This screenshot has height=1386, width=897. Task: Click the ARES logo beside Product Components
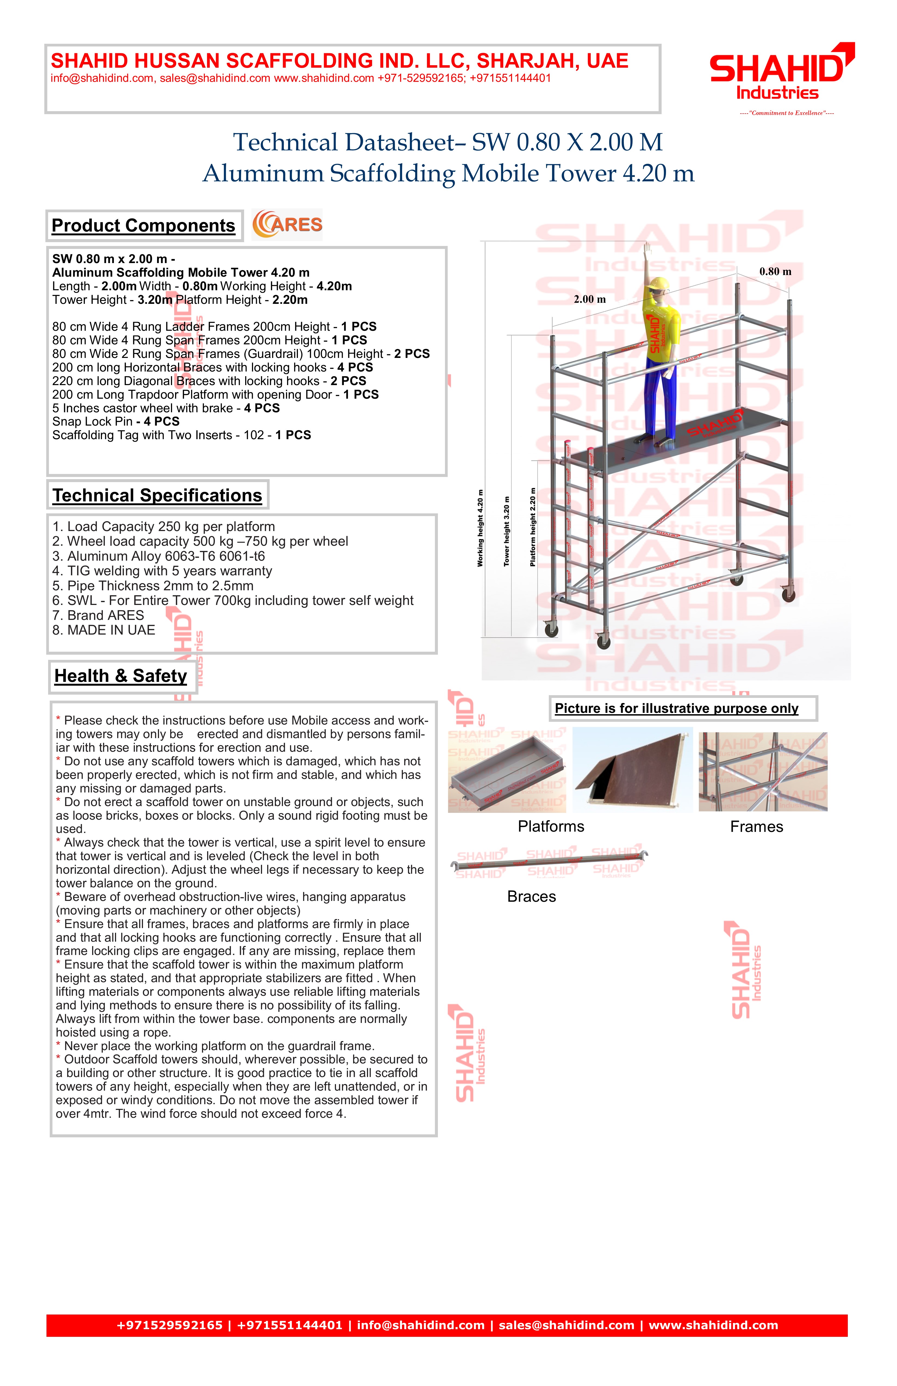coord(287,225)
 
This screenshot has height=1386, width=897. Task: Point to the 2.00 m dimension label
coord(590,299)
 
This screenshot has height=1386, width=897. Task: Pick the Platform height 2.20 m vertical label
coord(532,527)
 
